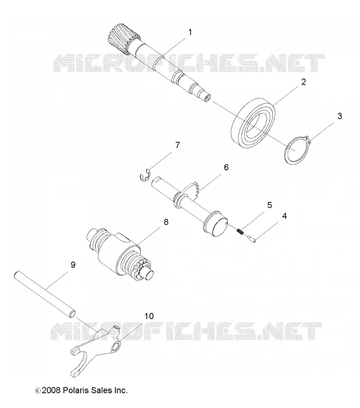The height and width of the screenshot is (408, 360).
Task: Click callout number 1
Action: point(190,32)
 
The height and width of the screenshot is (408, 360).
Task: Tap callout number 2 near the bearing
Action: point(303,82)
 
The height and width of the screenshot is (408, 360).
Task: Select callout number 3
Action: point(340,116)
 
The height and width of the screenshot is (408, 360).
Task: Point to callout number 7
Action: point(177,145)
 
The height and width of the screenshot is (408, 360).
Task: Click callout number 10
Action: point(149,316)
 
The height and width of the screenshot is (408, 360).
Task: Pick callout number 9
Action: point(73,265)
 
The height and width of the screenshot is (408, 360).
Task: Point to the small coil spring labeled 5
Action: point(240,231)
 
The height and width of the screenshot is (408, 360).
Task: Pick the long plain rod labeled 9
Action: point(45,294)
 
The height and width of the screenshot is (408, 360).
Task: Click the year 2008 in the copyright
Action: point(51,390)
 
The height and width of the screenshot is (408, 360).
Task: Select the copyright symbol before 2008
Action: point(38,391)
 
